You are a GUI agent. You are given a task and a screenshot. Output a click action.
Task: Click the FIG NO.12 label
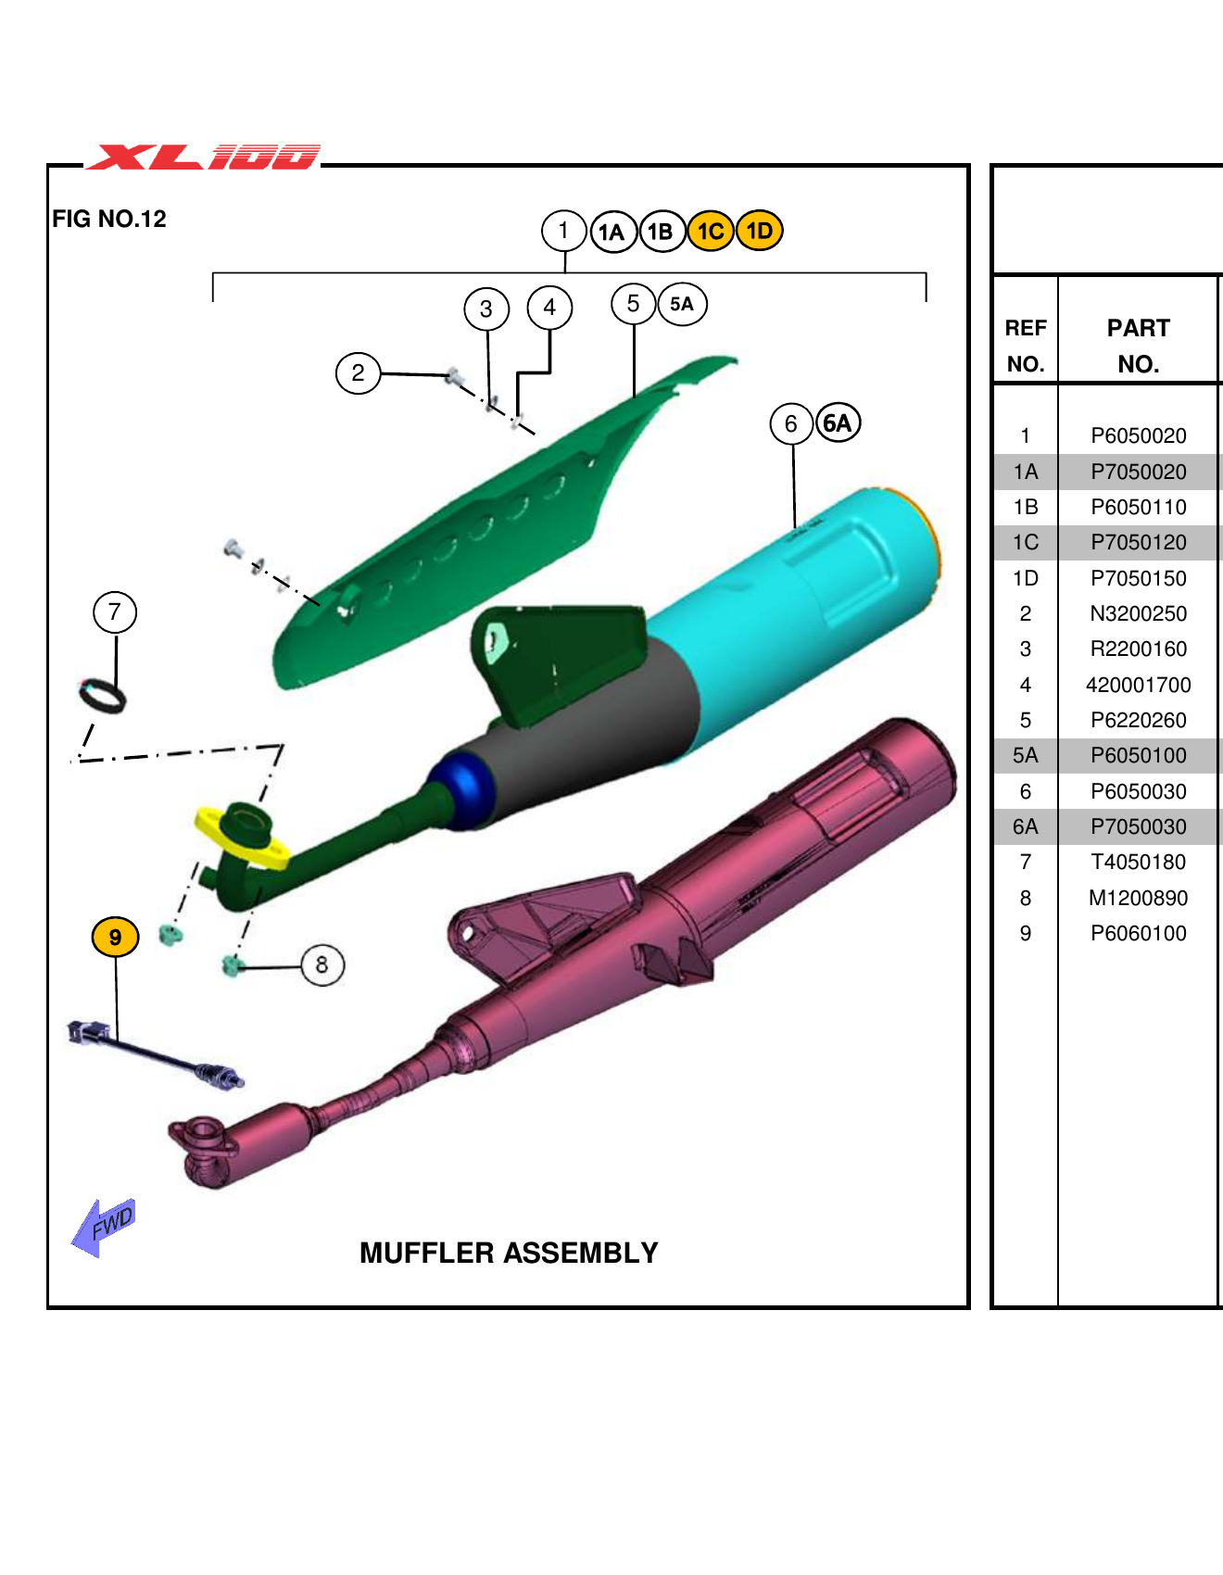pos(109,219)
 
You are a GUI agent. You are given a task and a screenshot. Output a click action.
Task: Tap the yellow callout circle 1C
pos(711,231)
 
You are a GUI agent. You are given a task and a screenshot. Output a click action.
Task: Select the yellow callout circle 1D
pos(760,231)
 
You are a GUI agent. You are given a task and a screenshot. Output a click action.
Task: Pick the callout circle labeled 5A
pos(682,304)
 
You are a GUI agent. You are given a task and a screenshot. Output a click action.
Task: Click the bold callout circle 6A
pos(838,423)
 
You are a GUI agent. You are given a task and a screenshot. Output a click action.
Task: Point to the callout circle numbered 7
pos(115,612)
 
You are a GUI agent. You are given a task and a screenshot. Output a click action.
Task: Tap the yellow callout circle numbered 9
pos(115,937)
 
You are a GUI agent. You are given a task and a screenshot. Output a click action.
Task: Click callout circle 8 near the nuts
pos(322,965)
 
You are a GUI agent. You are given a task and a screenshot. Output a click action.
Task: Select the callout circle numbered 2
pos(358,373)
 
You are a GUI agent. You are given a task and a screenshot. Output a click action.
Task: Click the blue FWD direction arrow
pos(103,1227)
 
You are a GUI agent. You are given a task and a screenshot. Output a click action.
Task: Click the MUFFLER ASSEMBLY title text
pos(509,1253)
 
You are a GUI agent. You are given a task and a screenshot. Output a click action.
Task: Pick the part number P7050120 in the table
pos(1138,542)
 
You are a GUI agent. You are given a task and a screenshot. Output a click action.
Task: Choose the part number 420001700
pos(1138,685)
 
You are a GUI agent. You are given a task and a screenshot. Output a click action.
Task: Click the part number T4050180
pos(1138,863)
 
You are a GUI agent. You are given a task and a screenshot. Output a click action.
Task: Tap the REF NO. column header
pos(1025,346)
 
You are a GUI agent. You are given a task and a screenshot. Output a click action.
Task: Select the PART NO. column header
pos(1138,346)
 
